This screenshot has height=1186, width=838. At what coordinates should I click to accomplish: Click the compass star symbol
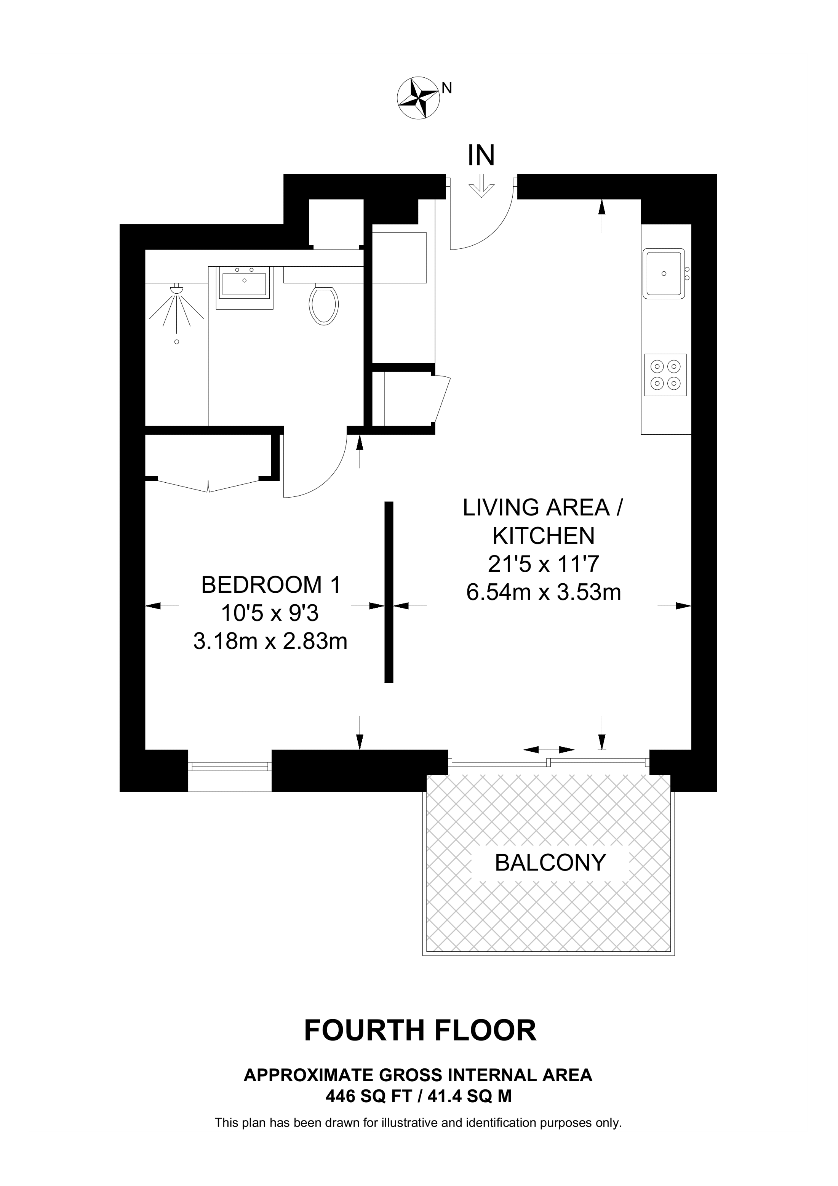click(419, 98)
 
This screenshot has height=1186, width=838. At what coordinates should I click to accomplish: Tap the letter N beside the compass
click(447, 89)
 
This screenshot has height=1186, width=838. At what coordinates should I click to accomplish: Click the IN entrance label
click(481, 155)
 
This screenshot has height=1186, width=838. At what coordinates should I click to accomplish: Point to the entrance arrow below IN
click(481, 186)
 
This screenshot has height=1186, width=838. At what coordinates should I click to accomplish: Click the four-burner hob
click(665, 375)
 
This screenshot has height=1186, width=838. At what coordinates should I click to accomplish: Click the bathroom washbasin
click(244, 287)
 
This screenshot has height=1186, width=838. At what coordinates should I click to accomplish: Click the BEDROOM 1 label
click(271, 585)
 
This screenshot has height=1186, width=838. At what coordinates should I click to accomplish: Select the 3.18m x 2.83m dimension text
click(270, 642)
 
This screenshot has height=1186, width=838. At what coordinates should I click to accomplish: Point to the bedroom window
click(229, 767)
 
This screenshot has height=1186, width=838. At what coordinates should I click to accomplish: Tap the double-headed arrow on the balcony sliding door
click(549, 749)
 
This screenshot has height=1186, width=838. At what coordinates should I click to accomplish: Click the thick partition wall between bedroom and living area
click(389, 592)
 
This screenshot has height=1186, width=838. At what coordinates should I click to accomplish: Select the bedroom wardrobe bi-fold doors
click(208, 485)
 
